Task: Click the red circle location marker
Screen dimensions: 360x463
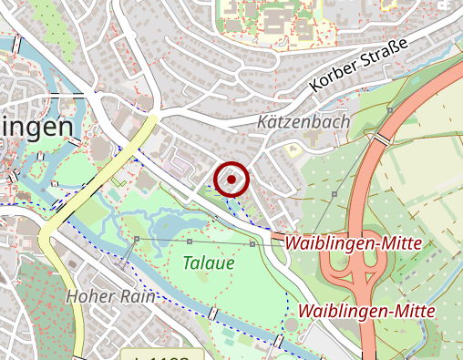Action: [x=232, y=180]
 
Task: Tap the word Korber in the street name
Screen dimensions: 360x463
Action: [x=335, y=76]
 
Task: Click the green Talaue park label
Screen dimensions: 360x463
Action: [x=208, y=263]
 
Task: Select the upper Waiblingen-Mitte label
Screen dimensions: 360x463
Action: [x=353, y=243]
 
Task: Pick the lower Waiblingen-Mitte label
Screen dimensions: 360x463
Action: [x=366, y=311]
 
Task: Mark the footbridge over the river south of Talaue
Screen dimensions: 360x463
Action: [x=213, y=314]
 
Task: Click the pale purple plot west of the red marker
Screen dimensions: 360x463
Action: [x=182, y=166]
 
